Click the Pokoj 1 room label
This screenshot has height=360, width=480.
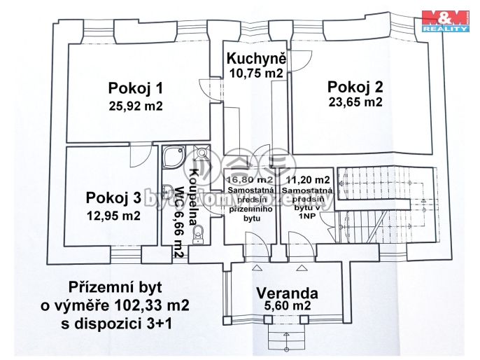135,88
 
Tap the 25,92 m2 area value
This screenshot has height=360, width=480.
135,106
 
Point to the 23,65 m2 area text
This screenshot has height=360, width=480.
355,102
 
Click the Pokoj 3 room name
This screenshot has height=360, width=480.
113,197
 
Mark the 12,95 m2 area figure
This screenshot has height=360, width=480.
113,215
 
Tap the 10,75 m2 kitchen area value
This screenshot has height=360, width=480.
255,72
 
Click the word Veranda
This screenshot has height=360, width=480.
287,293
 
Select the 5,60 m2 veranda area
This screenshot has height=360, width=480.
287,306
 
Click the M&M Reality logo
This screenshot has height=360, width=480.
445,22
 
